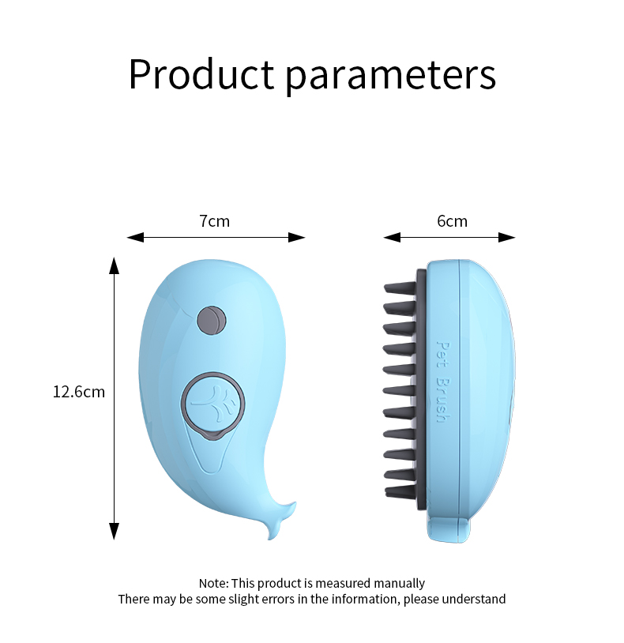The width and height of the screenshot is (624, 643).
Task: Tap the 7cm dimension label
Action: click(214, 221)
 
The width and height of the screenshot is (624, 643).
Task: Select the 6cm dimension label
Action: click(452, 221)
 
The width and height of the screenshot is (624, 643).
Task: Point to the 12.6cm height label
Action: click(78, 391)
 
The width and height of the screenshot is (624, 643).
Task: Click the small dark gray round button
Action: click(211, 318)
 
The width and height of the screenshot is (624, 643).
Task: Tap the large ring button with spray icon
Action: click(212, 402)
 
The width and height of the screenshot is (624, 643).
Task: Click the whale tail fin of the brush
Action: click(280, 517)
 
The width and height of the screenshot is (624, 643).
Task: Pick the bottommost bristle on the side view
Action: click(400, 491)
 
